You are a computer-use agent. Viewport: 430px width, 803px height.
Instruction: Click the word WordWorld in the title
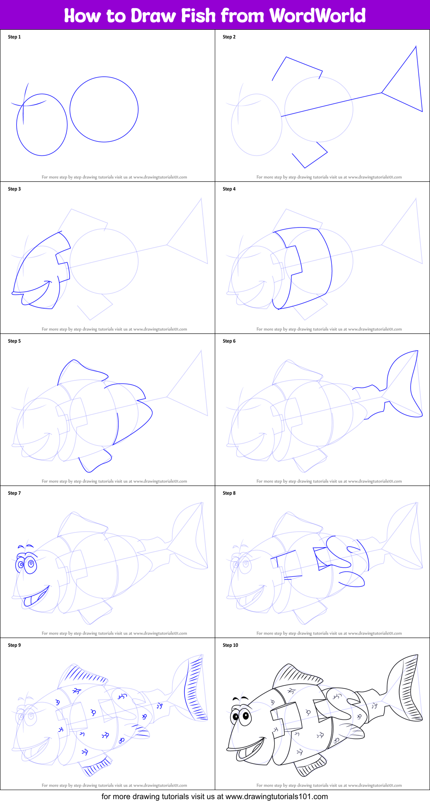coord(317,16)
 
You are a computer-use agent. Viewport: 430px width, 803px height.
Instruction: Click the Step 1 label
coord(14,37)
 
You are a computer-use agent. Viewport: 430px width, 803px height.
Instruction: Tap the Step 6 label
coord(229,341)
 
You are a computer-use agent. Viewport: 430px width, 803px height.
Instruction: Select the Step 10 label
coord(230,645)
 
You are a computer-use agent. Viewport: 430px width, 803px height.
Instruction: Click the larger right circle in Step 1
coord(104,109)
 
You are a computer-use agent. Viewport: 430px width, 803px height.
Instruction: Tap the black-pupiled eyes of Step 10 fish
coord(241,716)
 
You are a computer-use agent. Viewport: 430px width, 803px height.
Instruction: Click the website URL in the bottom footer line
coord(276,797)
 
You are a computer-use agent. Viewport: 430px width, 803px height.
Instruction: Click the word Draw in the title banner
coord(154,16)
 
